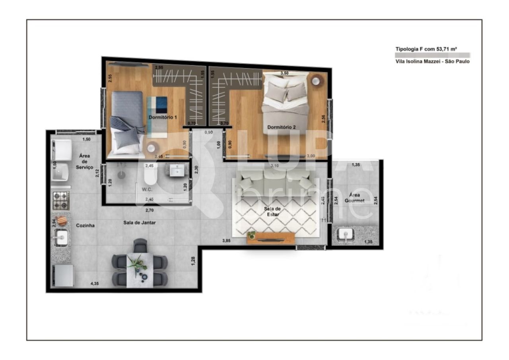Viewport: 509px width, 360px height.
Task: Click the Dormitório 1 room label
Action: click(163, 117)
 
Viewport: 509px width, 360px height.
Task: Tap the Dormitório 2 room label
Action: click(282, 127)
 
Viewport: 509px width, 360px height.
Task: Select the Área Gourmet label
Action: click(354, 198)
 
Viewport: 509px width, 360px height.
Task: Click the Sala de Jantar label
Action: click(139, 223)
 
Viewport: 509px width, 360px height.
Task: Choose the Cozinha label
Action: click(85, 225)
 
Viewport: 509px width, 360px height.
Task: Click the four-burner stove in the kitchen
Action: click(61, 200)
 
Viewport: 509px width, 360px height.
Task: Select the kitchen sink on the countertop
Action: click(60, 238)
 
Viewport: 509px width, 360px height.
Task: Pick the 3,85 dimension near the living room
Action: click(226, 241)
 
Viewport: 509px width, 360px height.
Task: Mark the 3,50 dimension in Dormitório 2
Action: click(284, 73)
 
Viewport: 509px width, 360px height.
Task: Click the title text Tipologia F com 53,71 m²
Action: click(425, 49)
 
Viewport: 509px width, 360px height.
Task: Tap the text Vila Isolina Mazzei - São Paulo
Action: click(432, 62)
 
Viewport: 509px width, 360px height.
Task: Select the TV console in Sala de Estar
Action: click(270, 239)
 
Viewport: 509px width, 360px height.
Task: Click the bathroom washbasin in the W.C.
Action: click(175, 170)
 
